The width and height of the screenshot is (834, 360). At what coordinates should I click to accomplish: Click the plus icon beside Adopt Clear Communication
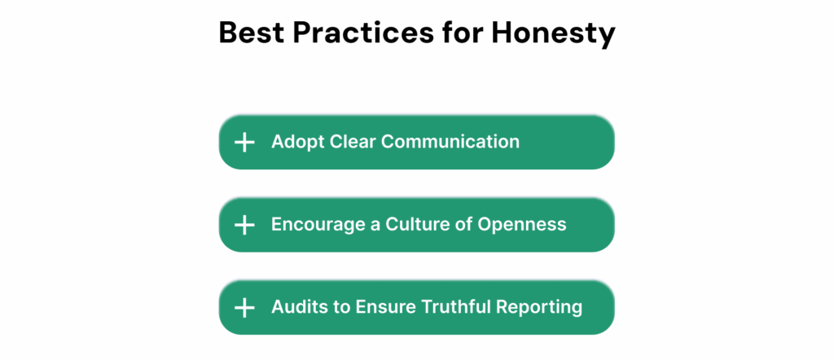pyautogui.click(x=244, y=143)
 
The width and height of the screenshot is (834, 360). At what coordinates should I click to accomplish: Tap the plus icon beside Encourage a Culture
pyautogui.click(x=244, y=225)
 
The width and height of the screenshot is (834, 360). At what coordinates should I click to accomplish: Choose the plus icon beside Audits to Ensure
pyautogui.click(x=244, y=308)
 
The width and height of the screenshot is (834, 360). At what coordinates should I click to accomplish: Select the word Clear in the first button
pyautogui.click(x=353, y=142)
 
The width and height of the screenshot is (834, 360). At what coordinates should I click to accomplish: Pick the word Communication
pyautogui.click(x=450, y=142)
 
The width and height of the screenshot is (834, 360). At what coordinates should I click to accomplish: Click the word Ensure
pyautogui.click(x=385, y=307)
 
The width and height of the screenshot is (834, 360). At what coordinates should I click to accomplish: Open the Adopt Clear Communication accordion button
pyautogui.click(x=416, y=143)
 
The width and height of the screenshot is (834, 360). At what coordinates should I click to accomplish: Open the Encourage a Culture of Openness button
pyautogui.click(x=416, y=225)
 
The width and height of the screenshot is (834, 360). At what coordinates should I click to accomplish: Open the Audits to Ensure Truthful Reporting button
pyautogui.click(x=416, y=308)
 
